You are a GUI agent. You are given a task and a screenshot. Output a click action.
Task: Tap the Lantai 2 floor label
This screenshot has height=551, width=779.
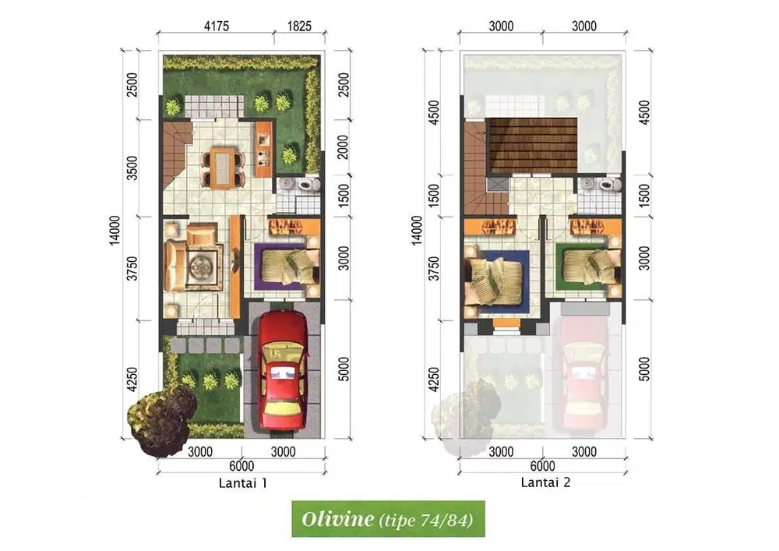545,483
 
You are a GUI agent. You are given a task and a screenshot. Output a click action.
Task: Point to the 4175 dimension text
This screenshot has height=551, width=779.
216,26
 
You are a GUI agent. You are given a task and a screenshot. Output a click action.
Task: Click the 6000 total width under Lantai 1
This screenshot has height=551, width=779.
241,466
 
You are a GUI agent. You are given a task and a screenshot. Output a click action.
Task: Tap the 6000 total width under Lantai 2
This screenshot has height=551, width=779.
543,466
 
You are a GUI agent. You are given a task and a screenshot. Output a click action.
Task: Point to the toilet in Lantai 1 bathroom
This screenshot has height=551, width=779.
307,185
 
